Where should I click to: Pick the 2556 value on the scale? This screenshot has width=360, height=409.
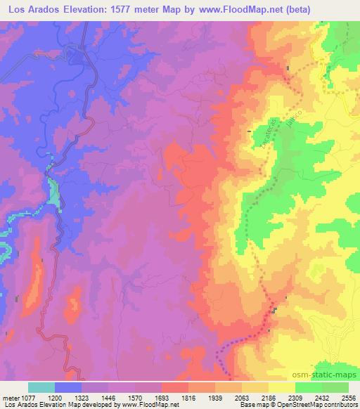[x=347, y=397]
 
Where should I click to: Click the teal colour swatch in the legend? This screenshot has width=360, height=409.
[x=41, y=387]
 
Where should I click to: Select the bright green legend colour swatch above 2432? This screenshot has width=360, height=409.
[x=309, y=387]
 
